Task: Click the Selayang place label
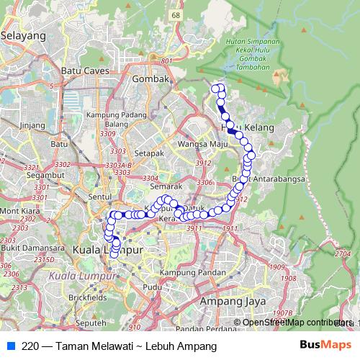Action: coord(22,34)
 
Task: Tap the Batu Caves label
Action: coord(85,71)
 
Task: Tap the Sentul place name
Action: coord(96,196)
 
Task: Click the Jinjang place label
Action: coord(32,125)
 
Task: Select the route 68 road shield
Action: coord(197,14)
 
